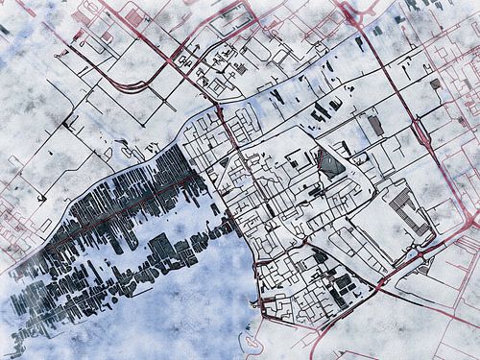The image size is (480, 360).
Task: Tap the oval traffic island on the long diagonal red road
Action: (x=420, y=132)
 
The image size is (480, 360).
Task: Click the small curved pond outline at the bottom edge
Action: (x=252, y=341)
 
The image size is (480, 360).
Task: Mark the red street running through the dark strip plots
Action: (x=115, y=206)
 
